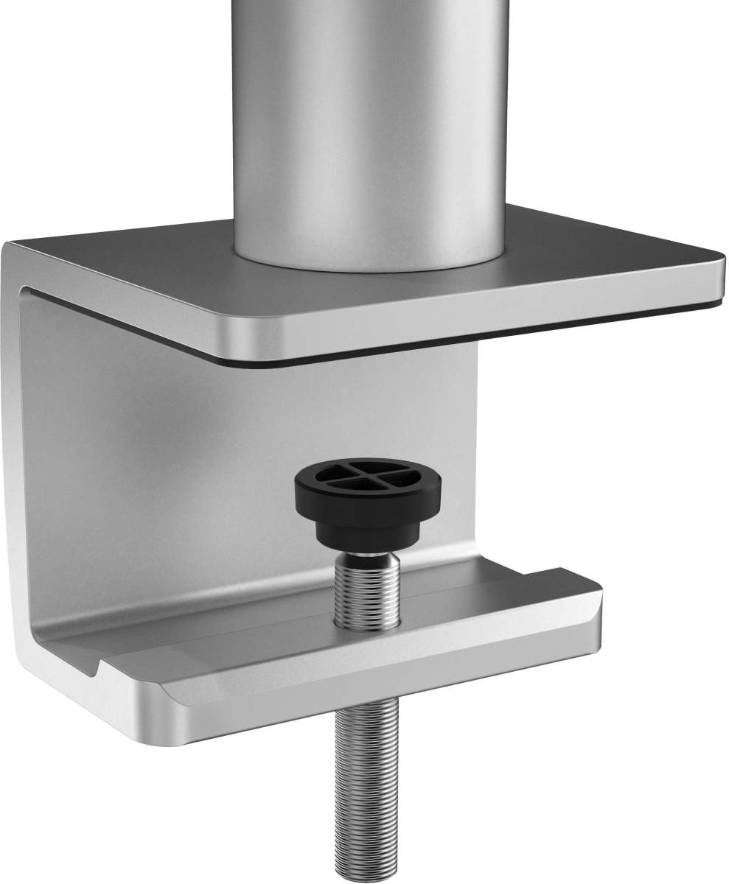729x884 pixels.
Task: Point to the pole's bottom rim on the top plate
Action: [369, 264]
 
